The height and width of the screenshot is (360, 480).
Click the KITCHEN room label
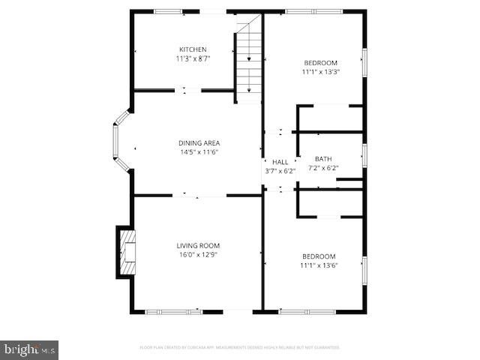[192, 49]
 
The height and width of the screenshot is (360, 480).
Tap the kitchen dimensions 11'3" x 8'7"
[192, 58]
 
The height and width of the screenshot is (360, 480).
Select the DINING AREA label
[199, 143]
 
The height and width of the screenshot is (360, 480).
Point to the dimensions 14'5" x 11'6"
[199, 152]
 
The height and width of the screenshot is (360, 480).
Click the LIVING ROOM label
[198, 245]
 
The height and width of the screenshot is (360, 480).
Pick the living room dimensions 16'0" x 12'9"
[198, 254]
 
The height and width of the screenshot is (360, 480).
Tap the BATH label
[323, 159]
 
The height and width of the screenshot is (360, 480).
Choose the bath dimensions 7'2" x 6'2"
[323, 168]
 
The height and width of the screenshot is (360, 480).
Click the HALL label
[280, 162]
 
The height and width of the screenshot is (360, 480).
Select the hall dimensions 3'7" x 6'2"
[280, 171]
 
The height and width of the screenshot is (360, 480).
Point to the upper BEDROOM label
[320, 63]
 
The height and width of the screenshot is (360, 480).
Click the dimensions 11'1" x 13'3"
[320, 72]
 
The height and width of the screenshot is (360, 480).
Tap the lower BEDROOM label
[319, 256]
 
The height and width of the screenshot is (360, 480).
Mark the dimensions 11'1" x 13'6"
[319, 265]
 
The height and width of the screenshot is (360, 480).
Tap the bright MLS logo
[29, 349]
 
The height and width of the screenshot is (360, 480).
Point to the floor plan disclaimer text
[240, 347]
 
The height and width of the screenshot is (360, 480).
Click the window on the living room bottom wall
[173, 311]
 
